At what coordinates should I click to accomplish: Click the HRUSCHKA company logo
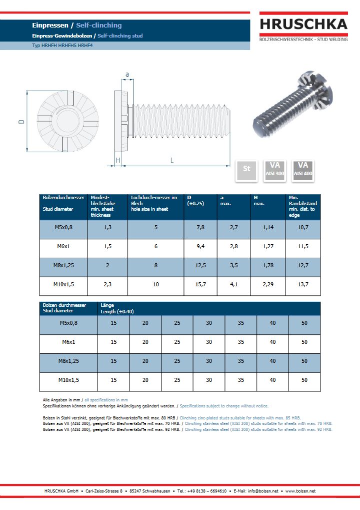(x=303, y=27)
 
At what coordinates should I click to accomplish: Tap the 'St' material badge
(x=246, y=171)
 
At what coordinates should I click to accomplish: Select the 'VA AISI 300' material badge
(x=275, y=171)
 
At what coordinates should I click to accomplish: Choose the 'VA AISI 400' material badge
(x=303, y=171)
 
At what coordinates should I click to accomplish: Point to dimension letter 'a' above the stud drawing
(x=127, y=75)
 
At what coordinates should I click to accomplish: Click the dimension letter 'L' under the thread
(x=172, y=160)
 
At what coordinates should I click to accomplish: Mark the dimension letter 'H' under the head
(x=118, y=160)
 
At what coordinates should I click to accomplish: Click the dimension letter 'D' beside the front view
(x=21, y=122)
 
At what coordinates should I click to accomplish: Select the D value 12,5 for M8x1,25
(x=200, y=265)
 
